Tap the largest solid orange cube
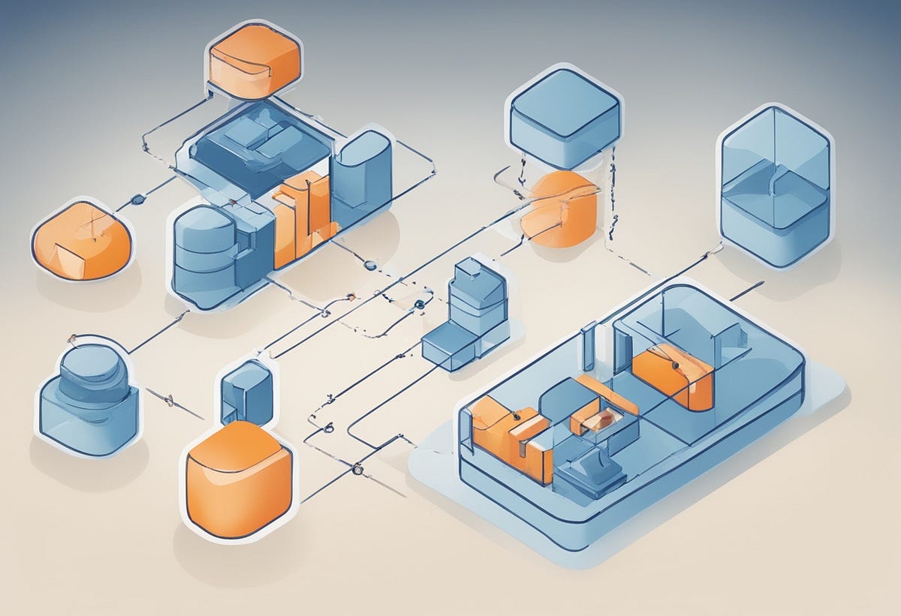[239, 480]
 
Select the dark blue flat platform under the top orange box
[259, 150]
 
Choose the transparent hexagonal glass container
[776, 185]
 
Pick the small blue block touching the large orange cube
[247, 392]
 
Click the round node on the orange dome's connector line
[137, 200]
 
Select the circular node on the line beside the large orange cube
[357, 470]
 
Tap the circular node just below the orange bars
[369, 264]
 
